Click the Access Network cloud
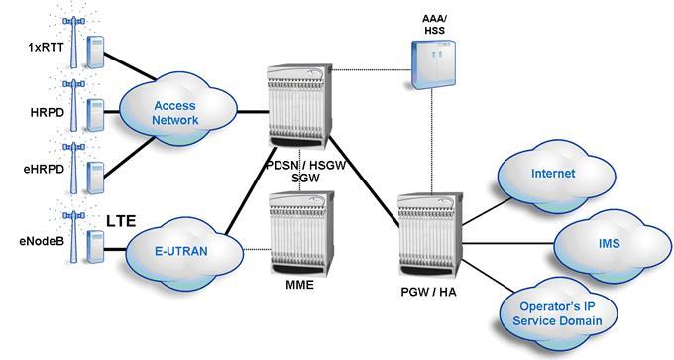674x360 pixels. click(x=175, y=112)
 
